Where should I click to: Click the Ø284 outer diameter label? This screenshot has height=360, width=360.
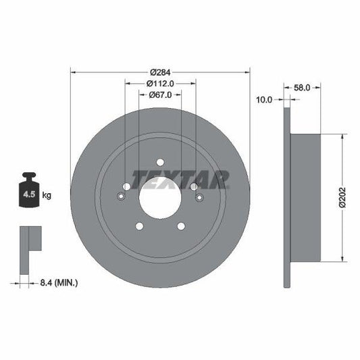click(160, 72)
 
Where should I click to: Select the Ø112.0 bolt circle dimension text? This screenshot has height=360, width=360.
click(161, 83)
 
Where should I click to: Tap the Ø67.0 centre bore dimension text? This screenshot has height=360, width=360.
click(161, 95)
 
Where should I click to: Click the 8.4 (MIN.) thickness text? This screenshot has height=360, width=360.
click(59, 282)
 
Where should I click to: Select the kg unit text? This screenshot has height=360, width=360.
click(47, 195)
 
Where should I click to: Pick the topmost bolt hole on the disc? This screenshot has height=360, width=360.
click(160, 161)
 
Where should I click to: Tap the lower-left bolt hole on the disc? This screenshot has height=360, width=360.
click(139, 226)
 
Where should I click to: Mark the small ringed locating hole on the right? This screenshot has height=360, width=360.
click(199, 197)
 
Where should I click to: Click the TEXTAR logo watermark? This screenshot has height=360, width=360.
click(180, 179)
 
